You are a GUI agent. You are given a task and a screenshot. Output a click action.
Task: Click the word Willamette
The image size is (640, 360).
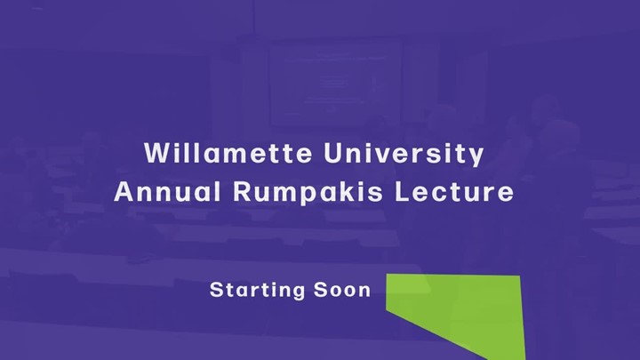point(228,153)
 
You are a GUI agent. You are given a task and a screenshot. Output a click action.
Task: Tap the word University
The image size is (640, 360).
point(404,155)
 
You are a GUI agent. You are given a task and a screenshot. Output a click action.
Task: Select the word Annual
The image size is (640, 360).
point(167,191)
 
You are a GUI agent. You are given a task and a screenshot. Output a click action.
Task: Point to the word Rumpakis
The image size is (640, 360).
point(308,192)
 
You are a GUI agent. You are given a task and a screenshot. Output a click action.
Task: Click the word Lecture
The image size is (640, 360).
point(454,191)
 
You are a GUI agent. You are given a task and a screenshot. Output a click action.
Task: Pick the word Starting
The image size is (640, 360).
point(257,290)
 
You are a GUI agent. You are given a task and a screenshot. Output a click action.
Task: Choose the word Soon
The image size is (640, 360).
point(342,290)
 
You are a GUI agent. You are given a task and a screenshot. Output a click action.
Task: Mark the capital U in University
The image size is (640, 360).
point(332,153)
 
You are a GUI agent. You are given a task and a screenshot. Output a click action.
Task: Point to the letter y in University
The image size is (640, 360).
point(476,157)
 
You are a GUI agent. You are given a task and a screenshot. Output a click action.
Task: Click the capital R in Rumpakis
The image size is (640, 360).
point(242,191)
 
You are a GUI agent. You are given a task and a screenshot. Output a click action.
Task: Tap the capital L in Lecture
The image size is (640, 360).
point(403,191)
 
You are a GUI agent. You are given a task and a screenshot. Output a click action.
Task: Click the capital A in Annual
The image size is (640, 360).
point(124,191)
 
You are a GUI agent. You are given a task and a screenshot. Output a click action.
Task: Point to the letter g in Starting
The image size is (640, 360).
point(298,292)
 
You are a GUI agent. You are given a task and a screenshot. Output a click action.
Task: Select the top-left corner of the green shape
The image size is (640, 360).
point(386,274)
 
